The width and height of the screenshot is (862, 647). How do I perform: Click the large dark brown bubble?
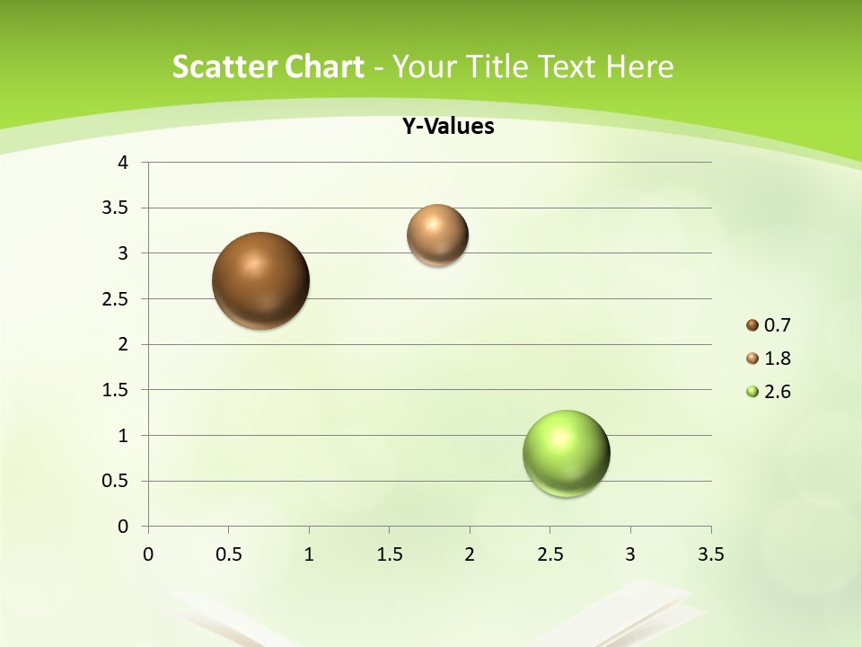tap(261, 280)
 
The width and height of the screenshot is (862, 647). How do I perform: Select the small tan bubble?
tap(437, 235)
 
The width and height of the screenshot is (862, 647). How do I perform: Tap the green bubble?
tap(567, 453)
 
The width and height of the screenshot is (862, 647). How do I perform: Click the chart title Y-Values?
tap(447, 126)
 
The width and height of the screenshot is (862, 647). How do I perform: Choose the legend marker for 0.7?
tap(752, 325)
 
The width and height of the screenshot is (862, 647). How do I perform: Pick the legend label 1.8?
tap(777, 359)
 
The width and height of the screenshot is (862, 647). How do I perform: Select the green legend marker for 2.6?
tap(752, 392)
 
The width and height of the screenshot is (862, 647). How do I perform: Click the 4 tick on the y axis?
tap(123, 163)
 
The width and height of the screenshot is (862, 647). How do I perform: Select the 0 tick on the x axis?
tap(148, 554)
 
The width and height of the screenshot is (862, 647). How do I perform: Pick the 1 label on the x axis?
tap(309, 554)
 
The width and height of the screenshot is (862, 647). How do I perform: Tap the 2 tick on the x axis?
tap(470, 554)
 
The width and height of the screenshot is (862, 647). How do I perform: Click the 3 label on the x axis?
tap(630, 554)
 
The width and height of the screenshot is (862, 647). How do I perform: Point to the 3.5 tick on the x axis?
tap(710, 554)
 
